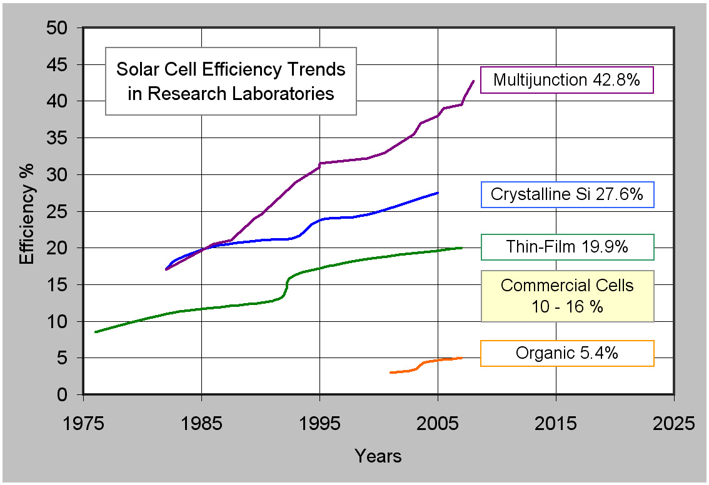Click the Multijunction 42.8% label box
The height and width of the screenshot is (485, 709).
tap(566, 80)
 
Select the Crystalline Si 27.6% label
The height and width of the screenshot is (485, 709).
tap(566, 194)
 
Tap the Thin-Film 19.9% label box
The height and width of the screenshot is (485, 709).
tap(567, 247)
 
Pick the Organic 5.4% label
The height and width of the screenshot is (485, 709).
tap(566, 353)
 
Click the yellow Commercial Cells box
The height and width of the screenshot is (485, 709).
tap(566, 296)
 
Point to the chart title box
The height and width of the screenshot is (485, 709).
tap(231, 81)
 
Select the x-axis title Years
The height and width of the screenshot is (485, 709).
tap(378, 456)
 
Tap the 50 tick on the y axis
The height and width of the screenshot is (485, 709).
tap(61, 28)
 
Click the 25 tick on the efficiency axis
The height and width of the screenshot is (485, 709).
tap(61, 211)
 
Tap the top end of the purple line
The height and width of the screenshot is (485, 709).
tap(473, 81)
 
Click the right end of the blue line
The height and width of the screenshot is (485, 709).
tap(438, 192)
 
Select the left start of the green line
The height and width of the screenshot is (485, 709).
tap(96, 332)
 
